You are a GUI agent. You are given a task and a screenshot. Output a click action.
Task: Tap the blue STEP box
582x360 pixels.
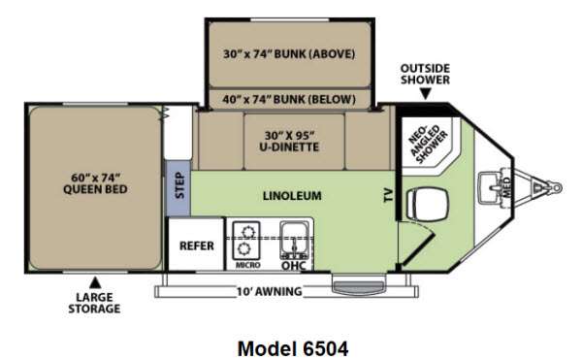click(x=178, y=188)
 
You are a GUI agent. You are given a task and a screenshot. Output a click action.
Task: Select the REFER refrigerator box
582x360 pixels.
click(x=197, y=244)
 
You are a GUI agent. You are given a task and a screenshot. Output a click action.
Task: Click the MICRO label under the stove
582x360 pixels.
click(x=248, y=265)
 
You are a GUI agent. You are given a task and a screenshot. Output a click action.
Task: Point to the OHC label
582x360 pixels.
click(x=294, y=265)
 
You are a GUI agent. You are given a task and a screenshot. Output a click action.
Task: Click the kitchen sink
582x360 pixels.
click(x=294, y=240)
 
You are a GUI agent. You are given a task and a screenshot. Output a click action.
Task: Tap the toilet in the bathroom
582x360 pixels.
click(x=427, y=204)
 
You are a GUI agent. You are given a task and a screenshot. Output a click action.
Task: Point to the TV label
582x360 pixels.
click(x=388, y=194)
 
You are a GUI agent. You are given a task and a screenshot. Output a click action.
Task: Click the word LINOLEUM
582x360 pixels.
click(x=292, y=196)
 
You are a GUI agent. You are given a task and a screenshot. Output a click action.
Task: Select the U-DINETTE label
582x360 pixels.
click(x=289, y=141)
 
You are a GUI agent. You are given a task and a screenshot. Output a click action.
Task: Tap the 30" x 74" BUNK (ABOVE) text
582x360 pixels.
click(x=289, y=54)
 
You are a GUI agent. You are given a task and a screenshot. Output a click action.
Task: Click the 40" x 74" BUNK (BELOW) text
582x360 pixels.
click(x=289, y=100)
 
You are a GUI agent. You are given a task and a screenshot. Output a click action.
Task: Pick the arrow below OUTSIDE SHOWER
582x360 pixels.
click(x=426, y=94)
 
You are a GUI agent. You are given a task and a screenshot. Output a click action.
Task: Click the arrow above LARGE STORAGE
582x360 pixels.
click(x=95, y=282)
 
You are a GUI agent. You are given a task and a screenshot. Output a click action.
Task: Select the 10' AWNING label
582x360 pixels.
click(x=270, y=292)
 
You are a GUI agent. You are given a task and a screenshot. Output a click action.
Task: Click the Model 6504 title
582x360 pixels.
click(x=293, y=349)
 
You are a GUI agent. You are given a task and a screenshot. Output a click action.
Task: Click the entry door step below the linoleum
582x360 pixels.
click(x=359, y=286)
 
